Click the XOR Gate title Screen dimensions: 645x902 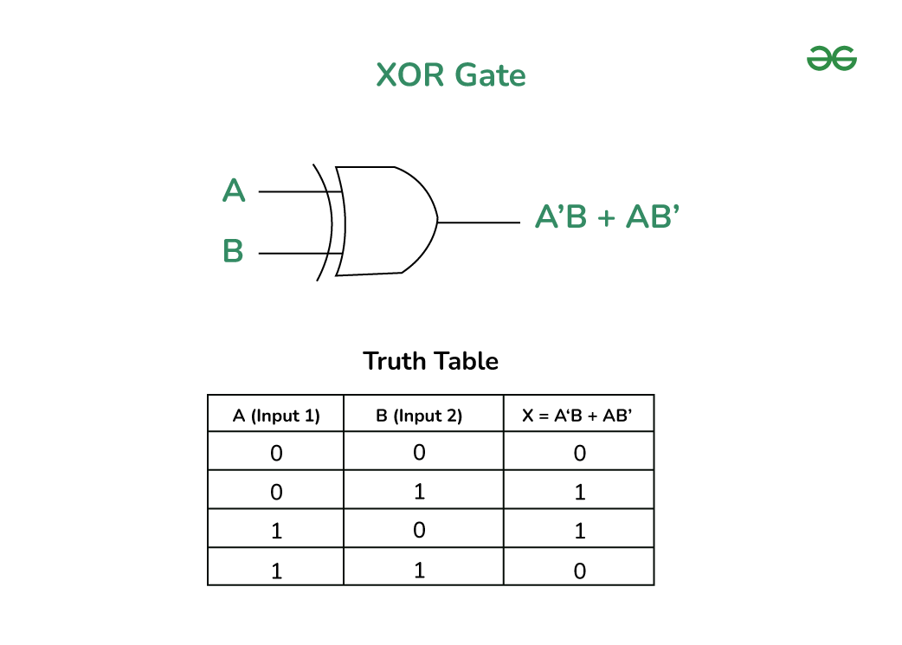pos(451,75)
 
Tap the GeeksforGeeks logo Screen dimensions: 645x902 pos(831,59)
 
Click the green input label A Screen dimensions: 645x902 pos(234,190)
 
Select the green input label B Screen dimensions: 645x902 pos(233,252)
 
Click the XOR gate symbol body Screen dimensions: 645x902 pos(385,221)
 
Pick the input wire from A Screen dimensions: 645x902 pos(291,191)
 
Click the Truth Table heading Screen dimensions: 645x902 pos(430,361)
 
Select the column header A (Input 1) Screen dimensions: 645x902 pos(276,416)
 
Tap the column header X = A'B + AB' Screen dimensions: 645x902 pos(577,416)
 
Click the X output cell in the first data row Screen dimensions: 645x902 pos(579,453)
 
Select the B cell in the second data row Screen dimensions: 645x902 pos(420,492)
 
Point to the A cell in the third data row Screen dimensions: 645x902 pos(276,530)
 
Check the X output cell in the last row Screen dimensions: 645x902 pos(579,571)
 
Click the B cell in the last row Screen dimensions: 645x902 pos(420,571)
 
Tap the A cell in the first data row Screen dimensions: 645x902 pos(276,453)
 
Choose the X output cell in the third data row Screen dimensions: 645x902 pos(579,531)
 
